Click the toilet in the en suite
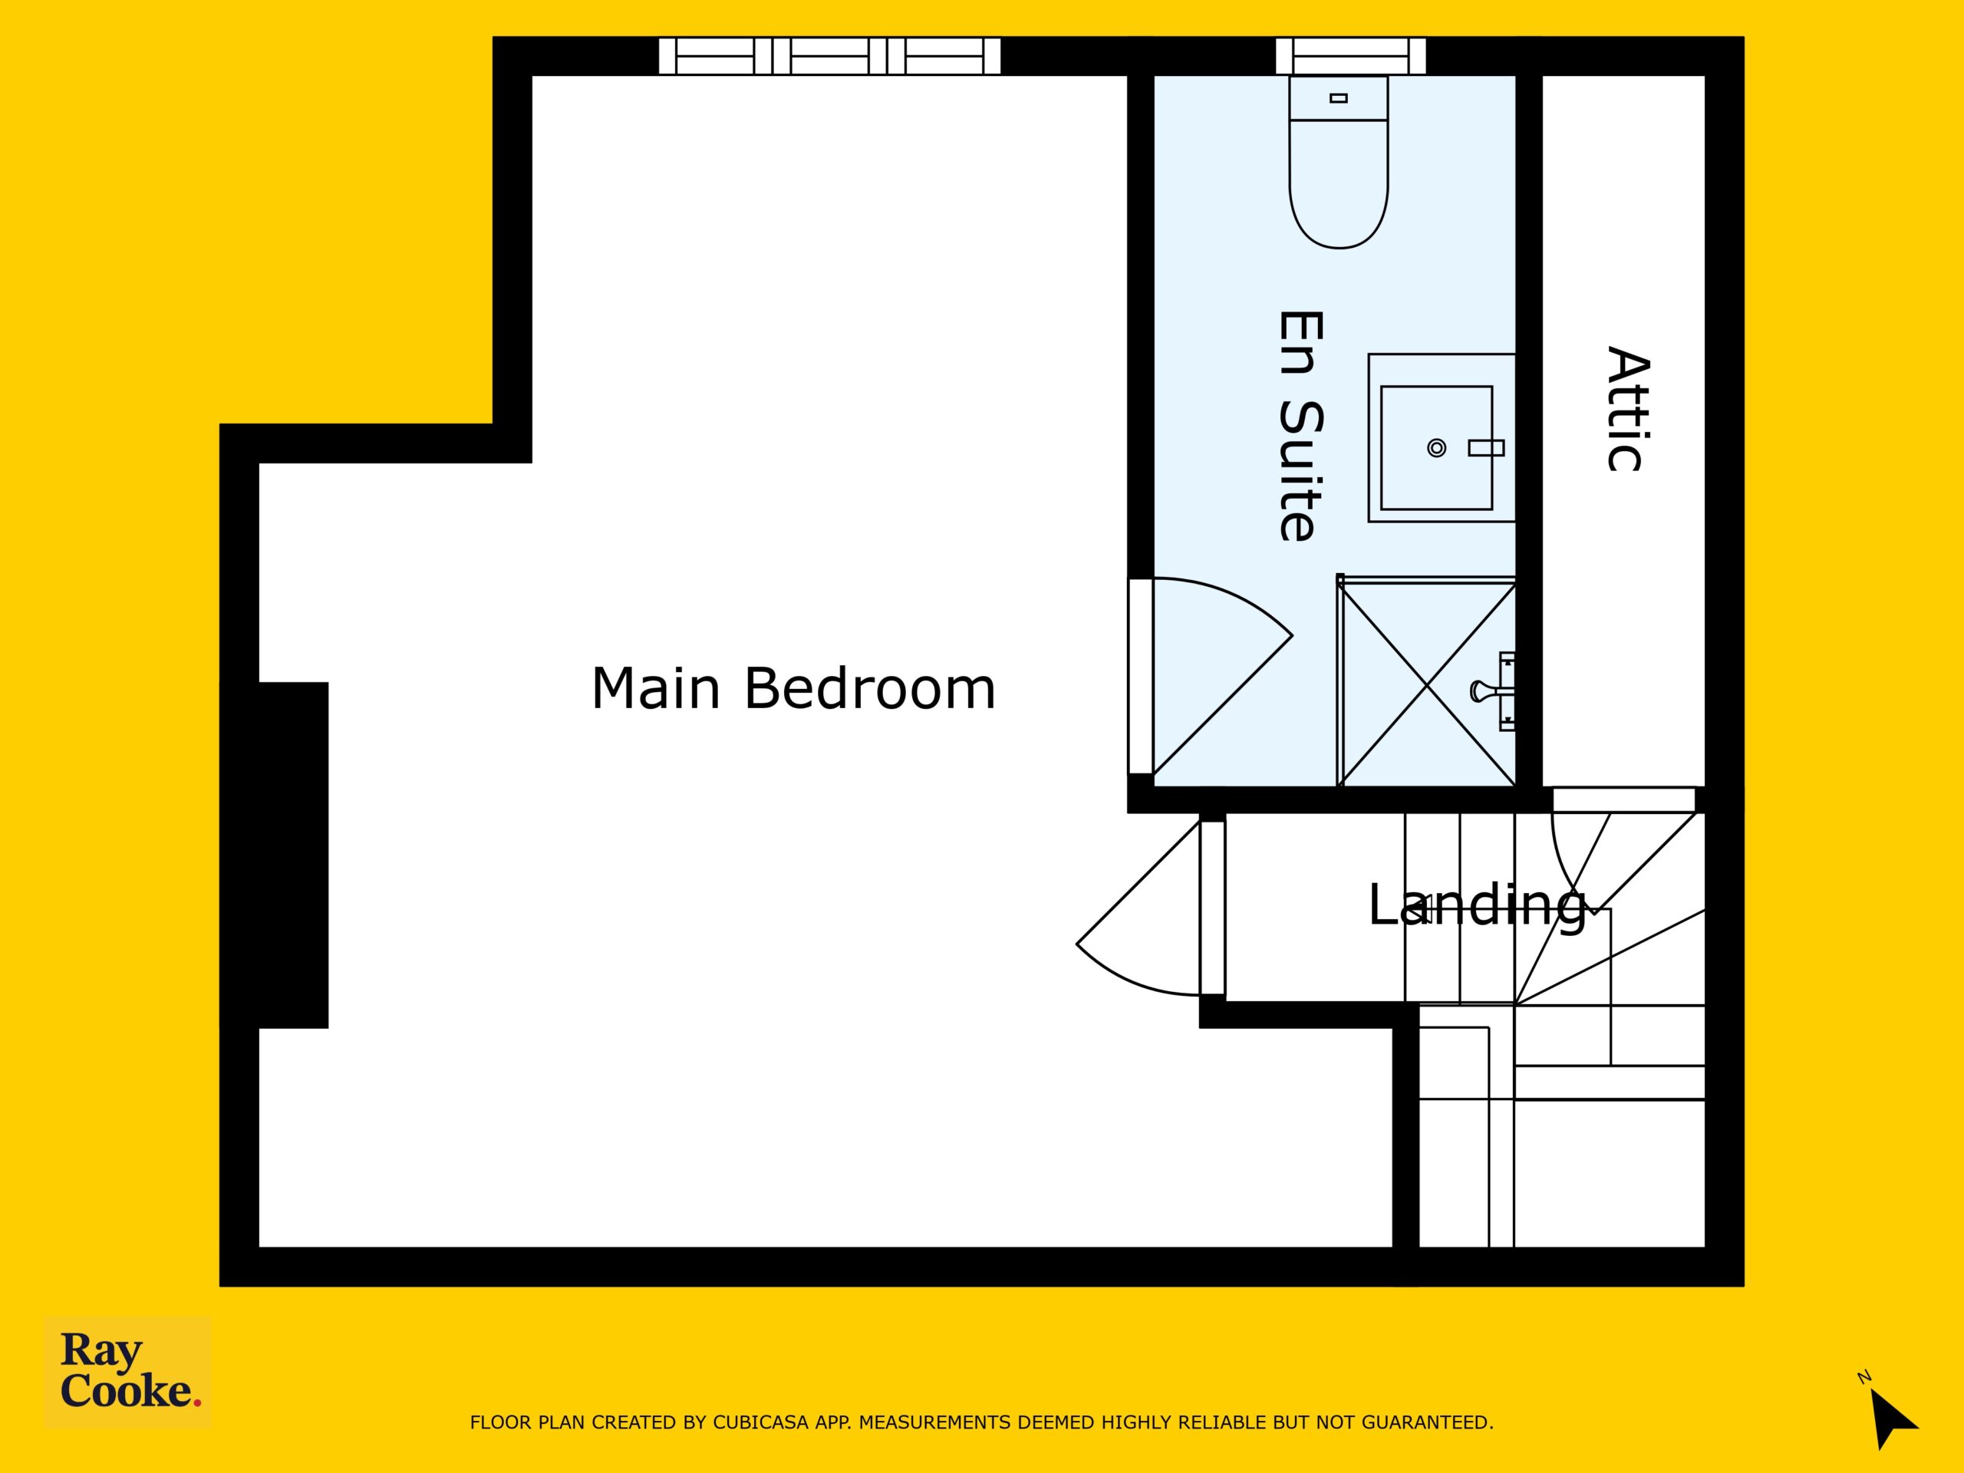point(1338,162)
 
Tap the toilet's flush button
point(1339,97)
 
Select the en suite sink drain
point(1435,448)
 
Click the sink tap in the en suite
point(1486,448)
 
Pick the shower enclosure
point(1426,681)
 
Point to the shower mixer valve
point(1495,690)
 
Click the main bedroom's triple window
point(829,56)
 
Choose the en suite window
point(1350,56)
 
